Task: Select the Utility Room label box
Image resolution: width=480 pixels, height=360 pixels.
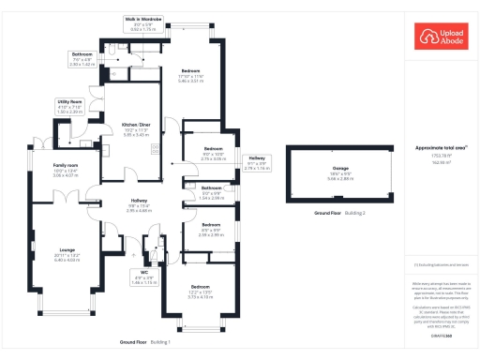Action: coord(68,106)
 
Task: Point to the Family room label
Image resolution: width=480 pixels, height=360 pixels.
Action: coord(66,169)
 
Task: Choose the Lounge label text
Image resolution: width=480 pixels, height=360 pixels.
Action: coord(67,249)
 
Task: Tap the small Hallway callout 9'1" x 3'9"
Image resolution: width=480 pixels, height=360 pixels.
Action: coord(255,162)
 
